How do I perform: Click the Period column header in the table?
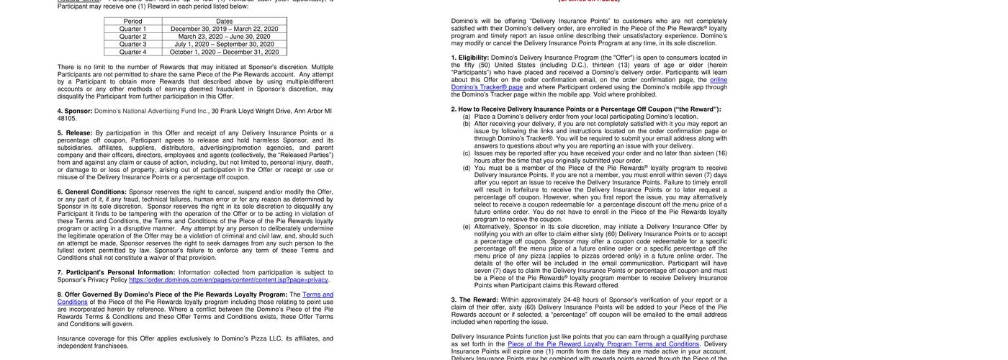pos(132,22)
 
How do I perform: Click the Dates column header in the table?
pos(225,22)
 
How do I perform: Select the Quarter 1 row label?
pos(132,29)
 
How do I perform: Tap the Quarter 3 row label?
pos(132,44)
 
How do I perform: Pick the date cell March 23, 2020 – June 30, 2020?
pos(225,37)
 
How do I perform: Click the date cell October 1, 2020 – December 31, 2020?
pos(225,52)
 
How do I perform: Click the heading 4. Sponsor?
pos(75,112)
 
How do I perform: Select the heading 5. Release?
pos(75,133)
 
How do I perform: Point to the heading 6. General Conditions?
pos(92,192)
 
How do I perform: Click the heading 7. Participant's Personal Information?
pos(115,273)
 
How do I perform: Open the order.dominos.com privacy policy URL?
pos(228,280)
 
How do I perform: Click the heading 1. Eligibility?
pos(470,58)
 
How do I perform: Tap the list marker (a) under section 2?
pos(467,117)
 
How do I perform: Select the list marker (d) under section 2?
pos(467,168)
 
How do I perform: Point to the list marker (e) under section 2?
pos(467,227)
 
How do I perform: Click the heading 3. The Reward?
pos(474,300)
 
